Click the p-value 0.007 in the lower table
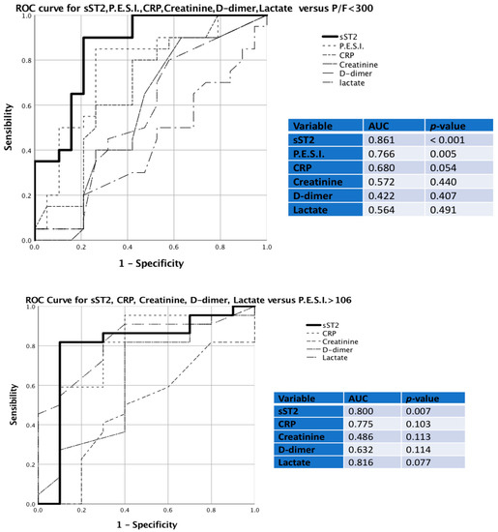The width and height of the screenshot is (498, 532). (426, 412)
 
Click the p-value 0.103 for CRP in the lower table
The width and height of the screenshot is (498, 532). (426, 426)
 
